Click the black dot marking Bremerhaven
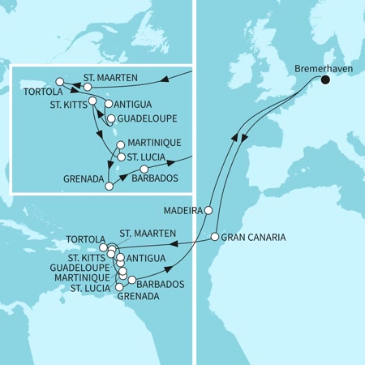(x=326, y=79)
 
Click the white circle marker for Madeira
(x=208, y=210)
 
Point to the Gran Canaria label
(x=253, y=237)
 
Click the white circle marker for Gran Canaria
(x=215, y=237)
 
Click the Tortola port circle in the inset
(x=59, y=81)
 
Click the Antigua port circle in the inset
(x=108, y=105)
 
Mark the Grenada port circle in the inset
(x=109, y=187)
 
